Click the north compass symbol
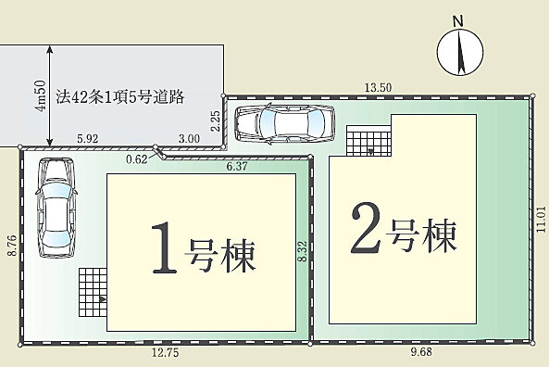(460, 52)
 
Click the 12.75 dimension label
(167, 352)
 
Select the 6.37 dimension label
(240, 167)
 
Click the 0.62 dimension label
(136, 159)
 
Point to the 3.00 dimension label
(189, 139)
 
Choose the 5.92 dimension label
(88, 139)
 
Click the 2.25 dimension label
(215, 121)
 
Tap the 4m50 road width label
(41, 93)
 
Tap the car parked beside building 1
(55, 207)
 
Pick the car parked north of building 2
(282, 123)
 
